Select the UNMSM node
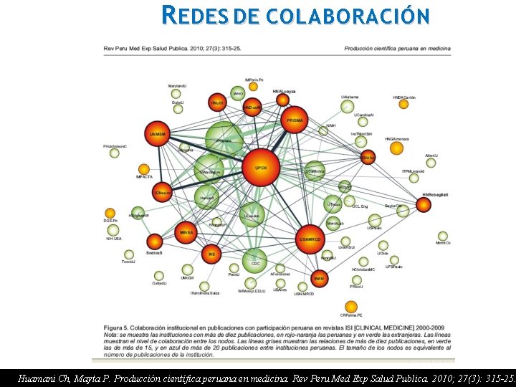(x=157, y=134)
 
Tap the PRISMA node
(x=295, y=120)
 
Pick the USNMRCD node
(x=310, y=238)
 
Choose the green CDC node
(x=254, y=261)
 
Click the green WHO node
(x=238, y=92)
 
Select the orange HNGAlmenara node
(x=396, y=148)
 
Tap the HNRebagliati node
(x=424, y=204)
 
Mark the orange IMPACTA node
(x=144, y=170)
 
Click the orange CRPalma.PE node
(x=350, y=307)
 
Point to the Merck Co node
(x=443, y=236)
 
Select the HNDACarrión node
(x=403, y=104)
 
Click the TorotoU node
(x=129, y=254)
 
